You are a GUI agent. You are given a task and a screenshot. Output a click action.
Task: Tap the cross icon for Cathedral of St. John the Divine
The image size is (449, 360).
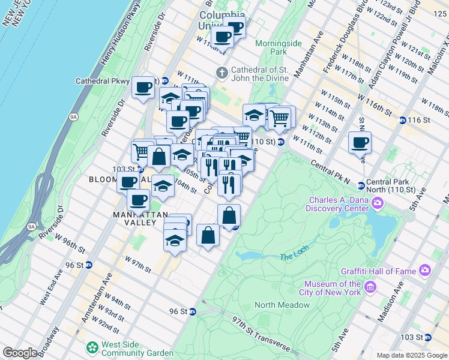(x=221, y=73)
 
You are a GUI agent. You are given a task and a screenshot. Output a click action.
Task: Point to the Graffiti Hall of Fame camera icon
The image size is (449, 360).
(x=425, y=271)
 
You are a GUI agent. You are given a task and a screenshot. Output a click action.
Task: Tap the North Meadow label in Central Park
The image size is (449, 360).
(x=282, y=305)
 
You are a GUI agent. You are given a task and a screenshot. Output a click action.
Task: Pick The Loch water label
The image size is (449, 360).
(x=294, y=257)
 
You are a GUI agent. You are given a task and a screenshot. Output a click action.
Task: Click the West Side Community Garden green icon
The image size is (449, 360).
(x=92, y=347)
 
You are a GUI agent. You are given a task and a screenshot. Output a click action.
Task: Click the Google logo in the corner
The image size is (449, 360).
(x=20, y=353)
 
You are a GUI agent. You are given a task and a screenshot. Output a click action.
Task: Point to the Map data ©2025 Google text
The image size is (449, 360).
(x=411, y=355)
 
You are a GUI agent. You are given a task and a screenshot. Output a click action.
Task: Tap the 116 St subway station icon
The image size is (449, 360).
(x=402, y=120)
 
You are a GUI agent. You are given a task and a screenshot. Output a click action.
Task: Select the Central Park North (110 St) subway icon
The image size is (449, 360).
(x=361, y=185)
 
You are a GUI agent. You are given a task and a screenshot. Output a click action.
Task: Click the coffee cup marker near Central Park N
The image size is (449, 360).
(x=360, y=143)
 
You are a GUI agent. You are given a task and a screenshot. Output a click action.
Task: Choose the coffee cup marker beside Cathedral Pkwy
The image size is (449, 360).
(x=143, y=88)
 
